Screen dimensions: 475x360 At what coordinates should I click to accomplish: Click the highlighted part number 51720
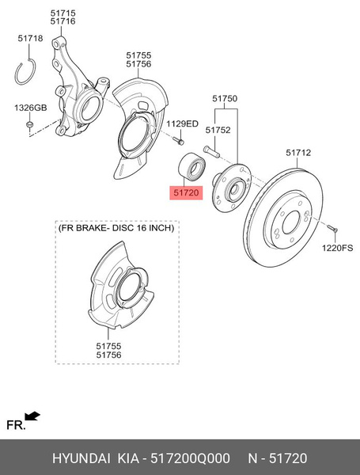(x=188, y=192)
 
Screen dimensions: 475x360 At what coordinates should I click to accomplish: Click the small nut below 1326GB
(x=28, y=124)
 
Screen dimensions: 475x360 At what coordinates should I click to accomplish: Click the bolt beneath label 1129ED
(x=179, y=141)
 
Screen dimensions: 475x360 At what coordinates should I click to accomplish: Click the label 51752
(x=218, y=130)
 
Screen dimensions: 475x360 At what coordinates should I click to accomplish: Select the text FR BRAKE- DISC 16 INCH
(x=116, y=228)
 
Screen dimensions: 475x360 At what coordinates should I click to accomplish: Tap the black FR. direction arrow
(x=33, y=416)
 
